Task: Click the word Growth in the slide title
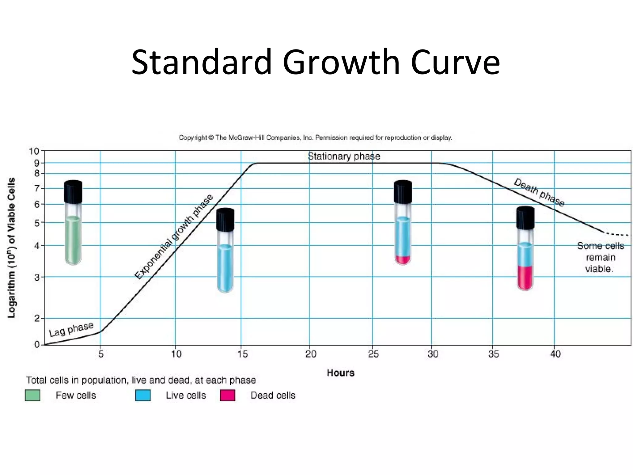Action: click(341, 62)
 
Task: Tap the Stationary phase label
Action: click(344, 156)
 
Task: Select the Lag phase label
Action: click(71, 329)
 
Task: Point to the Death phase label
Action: click(539, 192)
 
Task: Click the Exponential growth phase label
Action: click(174, 237)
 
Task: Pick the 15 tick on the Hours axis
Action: click(243, 354)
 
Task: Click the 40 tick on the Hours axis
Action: click(555, 354)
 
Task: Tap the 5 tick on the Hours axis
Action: click(101, 354)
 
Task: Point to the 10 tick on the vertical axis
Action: click(34, 152)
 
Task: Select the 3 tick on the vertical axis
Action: click(37, 277)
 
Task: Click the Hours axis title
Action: click(340, 373)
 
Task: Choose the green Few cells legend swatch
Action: click(32, 396)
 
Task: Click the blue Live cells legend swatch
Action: click(143, 396)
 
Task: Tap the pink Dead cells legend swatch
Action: click(227, 396)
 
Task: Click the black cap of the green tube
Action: click(73, 192)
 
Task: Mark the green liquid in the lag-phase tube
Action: click(73, 240)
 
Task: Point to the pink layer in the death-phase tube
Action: click(525, 277)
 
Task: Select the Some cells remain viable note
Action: click(600, 257)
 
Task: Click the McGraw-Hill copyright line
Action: click(315, 138)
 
